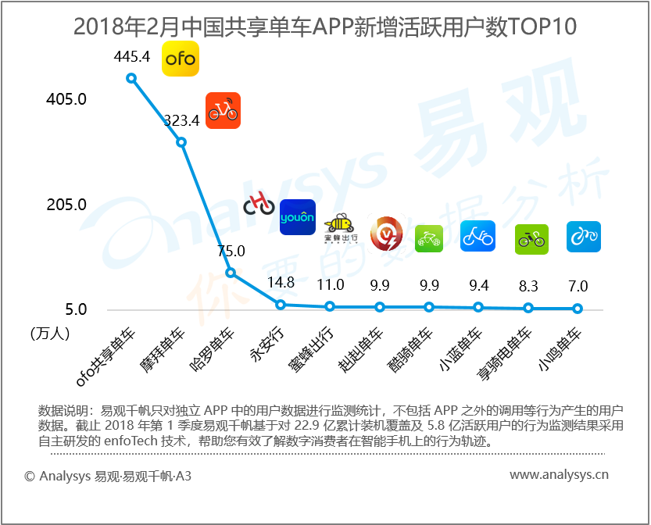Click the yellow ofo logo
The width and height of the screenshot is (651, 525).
[x=180, y=59]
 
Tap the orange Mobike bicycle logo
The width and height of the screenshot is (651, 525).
[x=223, y=110]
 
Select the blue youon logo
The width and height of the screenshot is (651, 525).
[x=297, y=217]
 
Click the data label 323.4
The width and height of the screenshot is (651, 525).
[x=181, y=120]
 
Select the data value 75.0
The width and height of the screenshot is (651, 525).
[x=231, y=251]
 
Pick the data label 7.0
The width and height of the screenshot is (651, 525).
[x=578, y=286]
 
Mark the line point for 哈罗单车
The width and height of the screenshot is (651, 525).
[x=231, y=273]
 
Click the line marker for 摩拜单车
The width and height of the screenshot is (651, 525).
[x=181, y=142]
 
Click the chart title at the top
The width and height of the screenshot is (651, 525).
[x=324, y=27]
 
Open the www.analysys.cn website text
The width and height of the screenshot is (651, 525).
[x=559, y=474]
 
